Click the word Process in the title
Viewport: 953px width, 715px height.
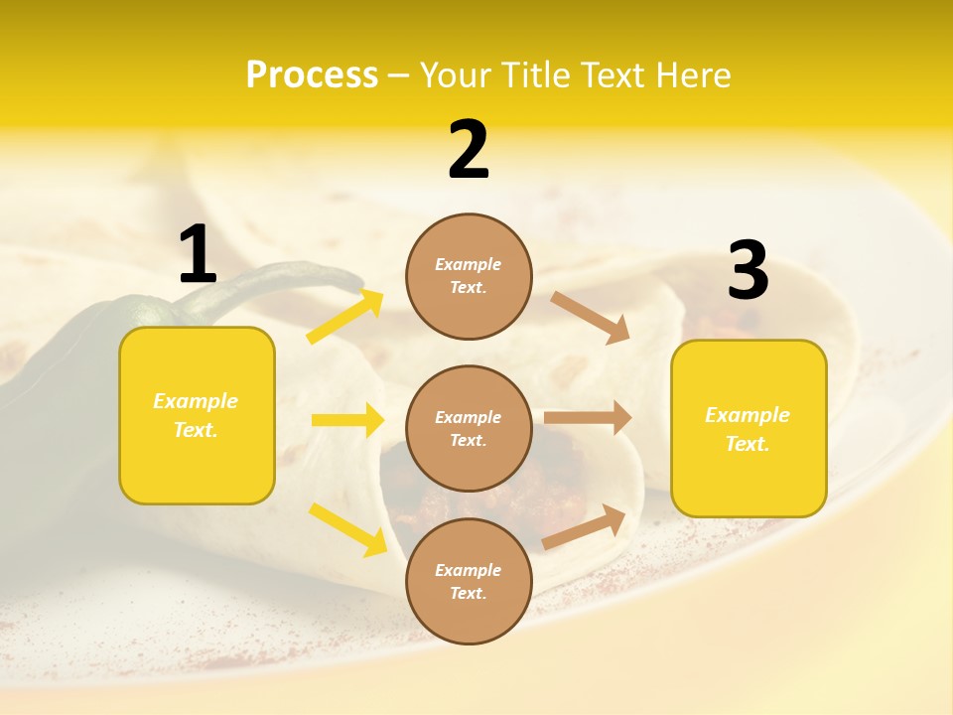tap(312, 74)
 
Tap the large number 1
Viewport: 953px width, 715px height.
tap(198, 254)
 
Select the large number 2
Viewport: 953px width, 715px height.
tap(469, 150)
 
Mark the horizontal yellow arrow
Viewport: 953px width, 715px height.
tap(347, 421)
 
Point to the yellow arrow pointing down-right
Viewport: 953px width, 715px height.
tap(347, 529)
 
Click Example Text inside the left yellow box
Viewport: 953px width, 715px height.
tap(196, 415)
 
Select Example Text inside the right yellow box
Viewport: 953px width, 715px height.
tap(748, 429)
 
